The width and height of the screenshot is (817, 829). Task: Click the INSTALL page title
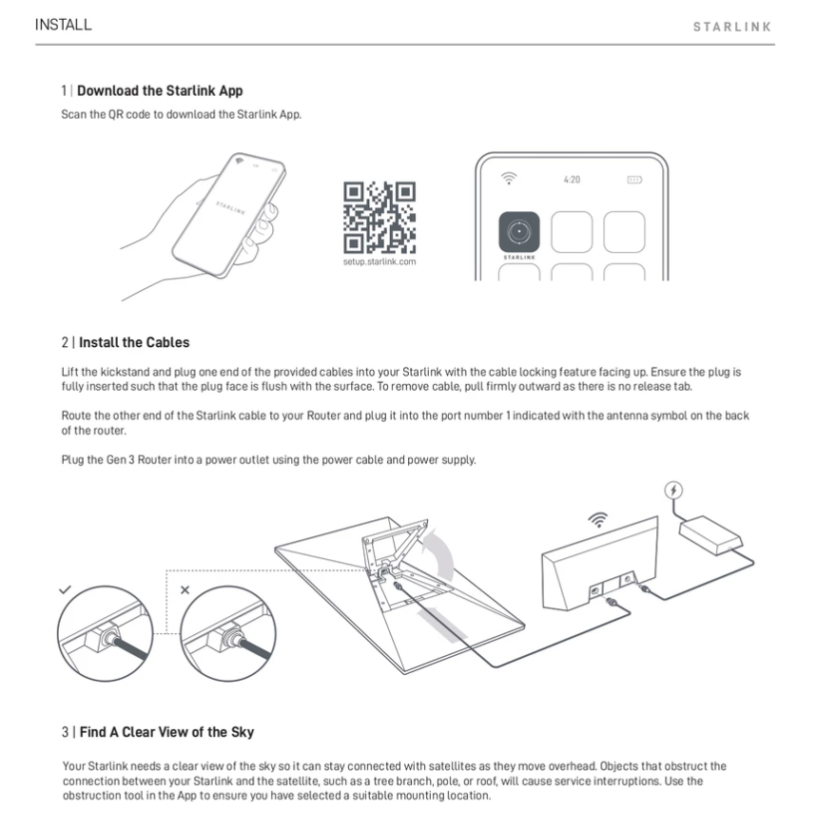click(63, 26)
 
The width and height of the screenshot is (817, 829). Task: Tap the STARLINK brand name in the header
click(731, 27)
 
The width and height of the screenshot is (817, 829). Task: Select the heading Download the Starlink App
click(159, 91)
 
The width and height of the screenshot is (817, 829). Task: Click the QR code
click(379, 217)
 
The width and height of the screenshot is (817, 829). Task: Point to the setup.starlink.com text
click(379, 260)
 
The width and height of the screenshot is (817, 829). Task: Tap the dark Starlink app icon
click(519, 231)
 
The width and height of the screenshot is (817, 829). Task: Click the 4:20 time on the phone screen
click(571, 179)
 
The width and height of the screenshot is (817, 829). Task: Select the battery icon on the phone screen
click(633, 179)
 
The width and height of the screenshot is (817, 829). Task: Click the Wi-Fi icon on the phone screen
click(510, 178)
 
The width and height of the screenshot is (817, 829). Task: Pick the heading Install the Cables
click(134, 342)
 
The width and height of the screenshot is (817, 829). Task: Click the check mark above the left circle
click(65, 589)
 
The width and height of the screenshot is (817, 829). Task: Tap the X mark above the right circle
click(185, 590)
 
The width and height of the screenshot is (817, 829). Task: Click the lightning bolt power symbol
click(673, 491)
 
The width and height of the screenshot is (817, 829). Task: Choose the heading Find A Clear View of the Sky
click(166, 732)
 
